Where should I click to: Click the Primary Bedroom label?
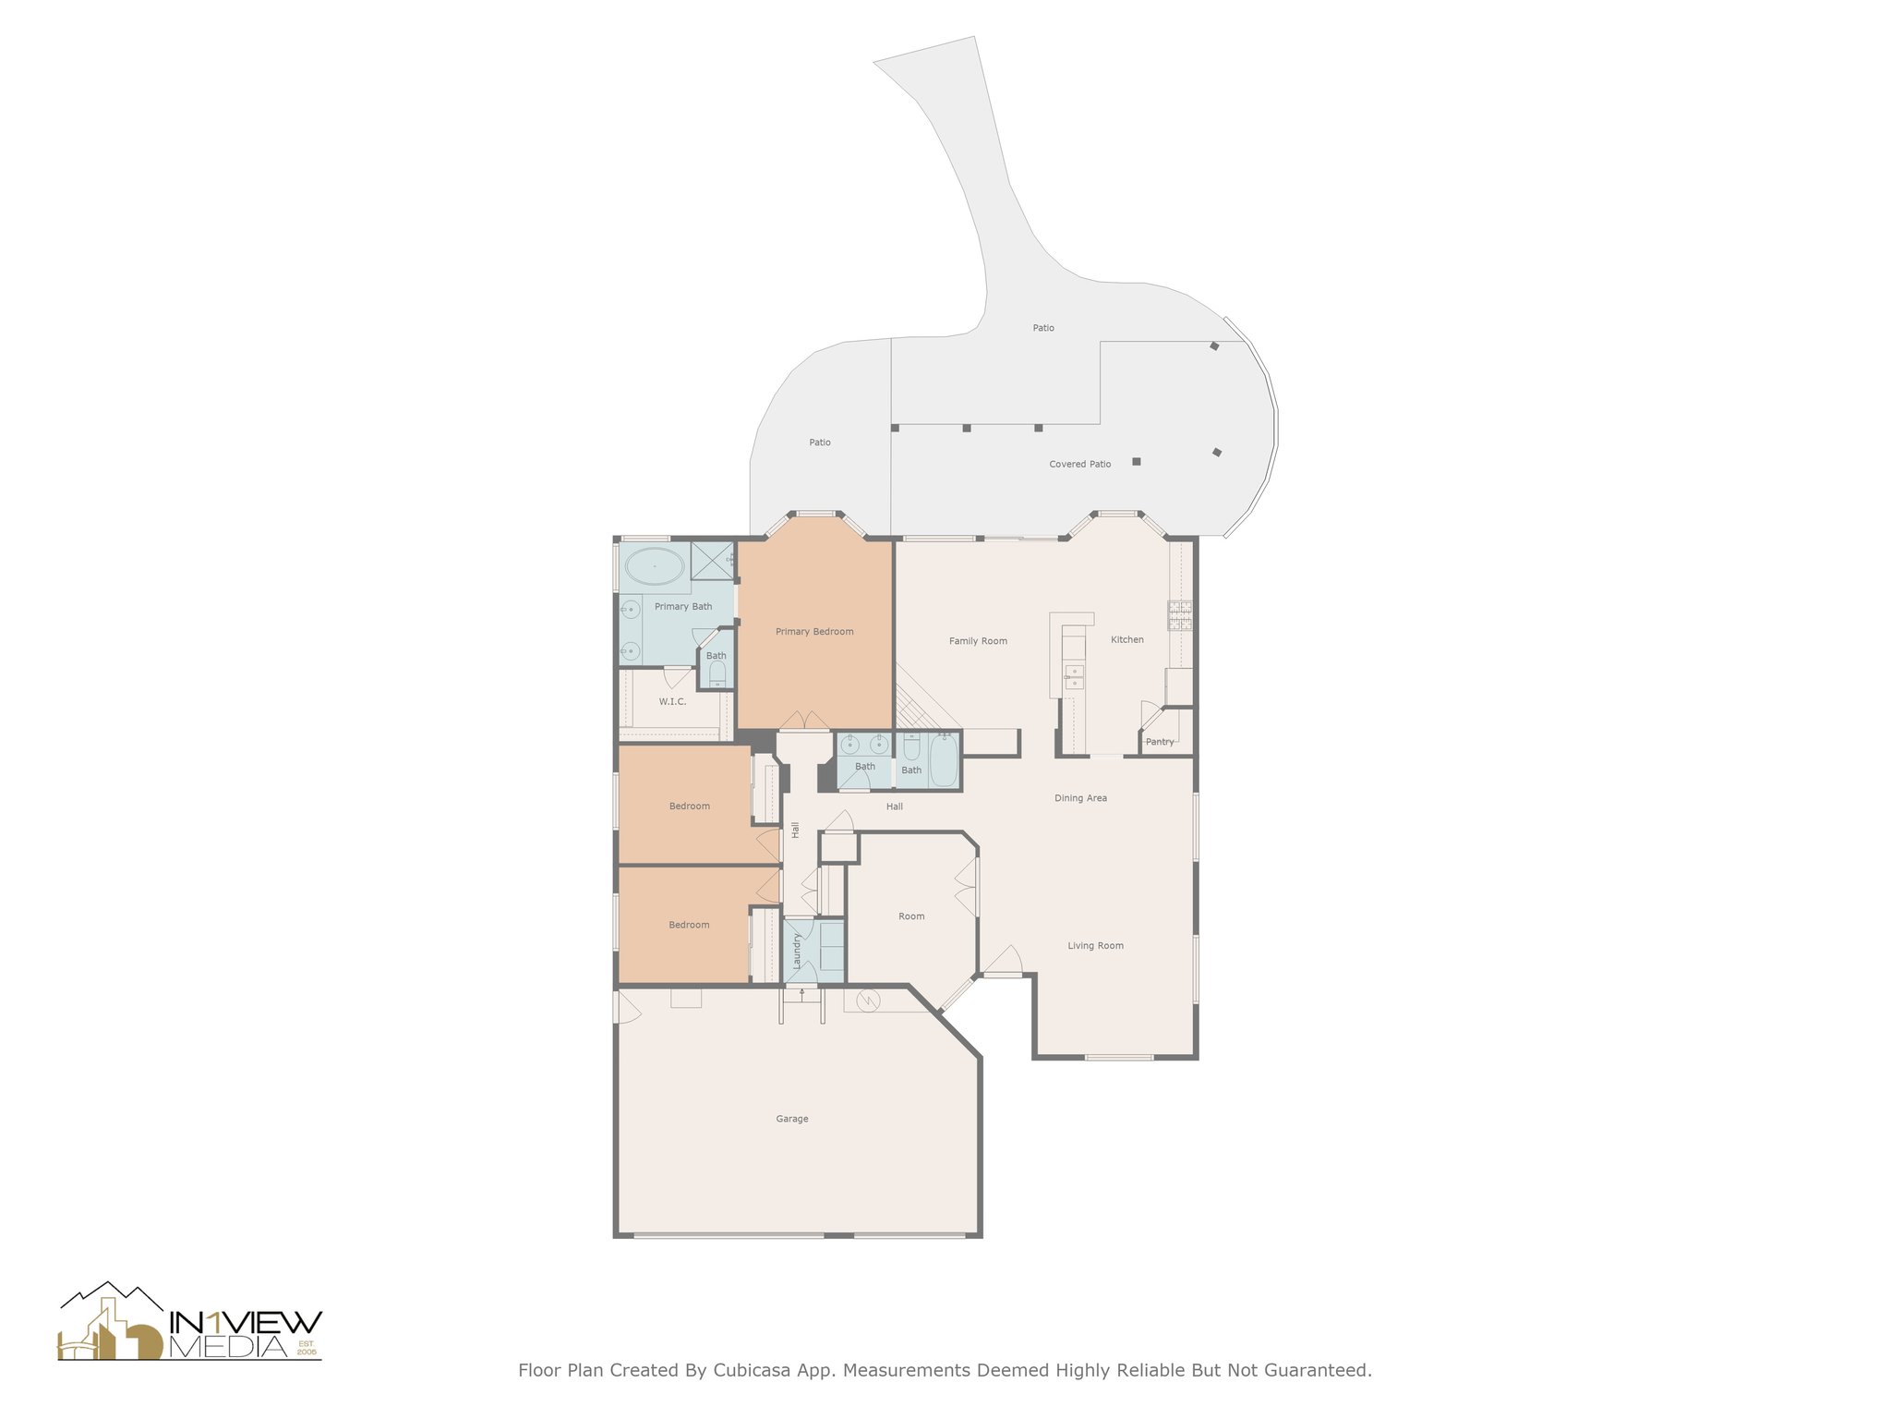coord(814,632)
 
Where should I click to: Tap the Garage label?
coord(792,1119)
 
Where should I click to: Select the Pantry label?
coord(1160,742)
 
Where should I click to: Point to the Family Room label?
coord(978,641)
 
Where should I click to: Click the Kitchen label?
coord(1127,639)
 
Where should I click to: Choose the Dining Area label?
coord(1080,798)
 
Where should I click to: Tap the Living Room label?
coord(1096,946)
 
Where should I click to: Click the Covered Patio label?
coord(1080,464)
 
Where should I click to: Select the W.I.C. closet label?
coord(672,702)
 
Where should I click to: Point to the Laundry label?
coord(797,951)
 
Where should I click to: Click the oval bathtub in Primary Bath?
coord(654,565)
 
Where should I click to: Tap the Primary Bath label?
coord(683,607)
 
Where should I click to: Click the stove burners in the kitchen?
coord(1180,616)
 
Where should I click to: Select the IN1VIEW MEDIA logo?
coord(190,1321)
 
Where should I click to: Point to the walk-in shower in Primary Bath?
coord(712,561)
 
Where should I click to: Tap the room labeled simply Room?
coord(911,916)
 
